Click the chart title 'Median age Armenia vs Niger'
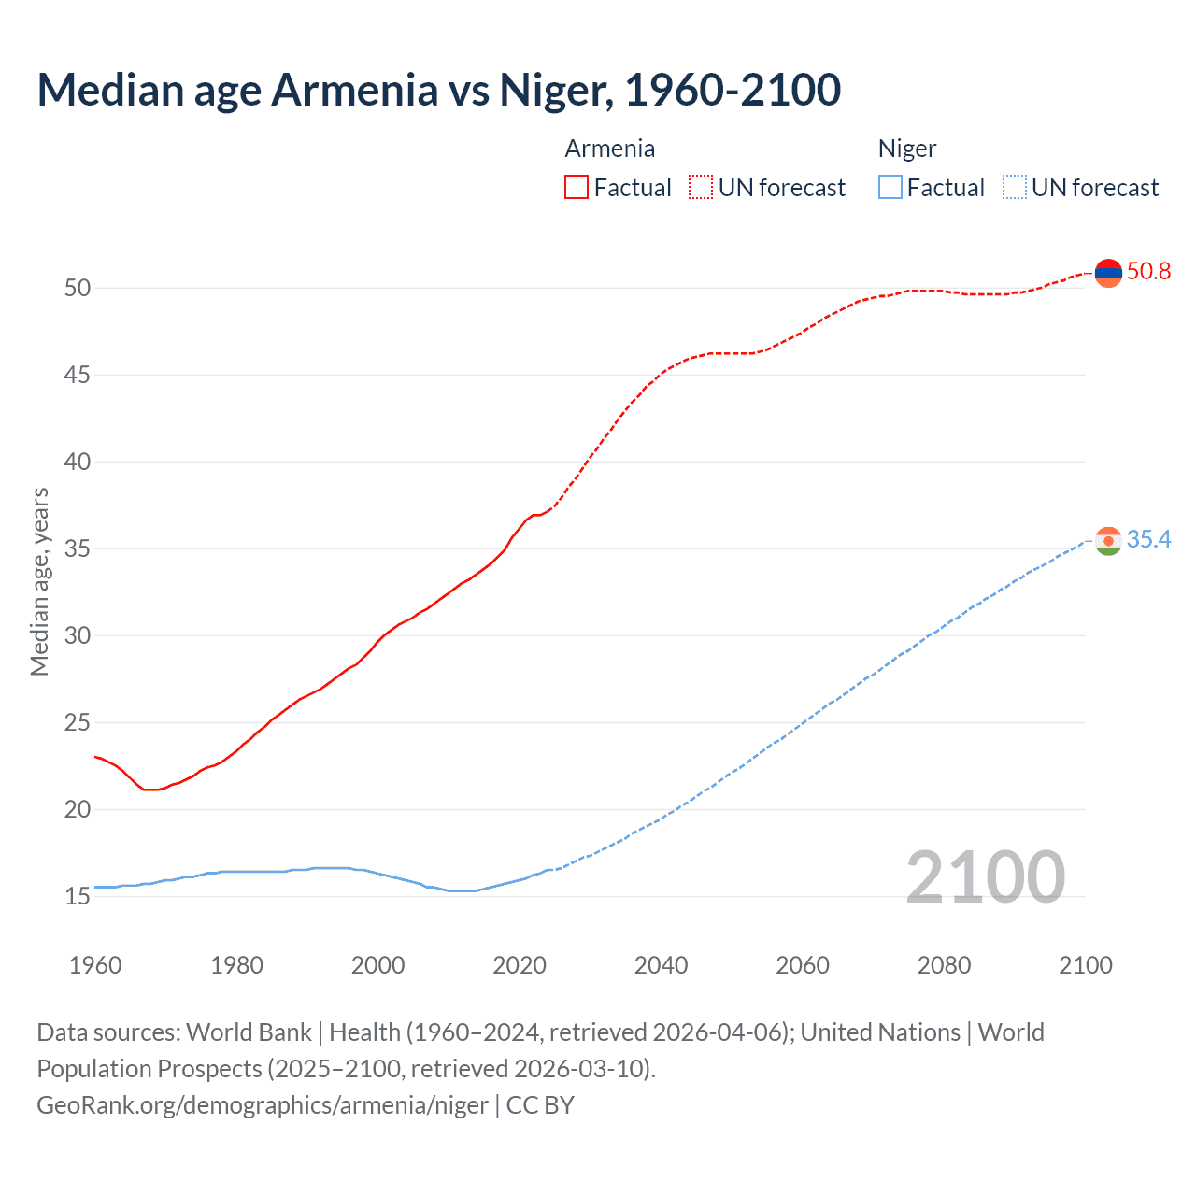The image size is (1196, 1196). point(438,90)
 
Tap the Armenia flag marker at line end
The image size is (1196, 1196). point(1108,273)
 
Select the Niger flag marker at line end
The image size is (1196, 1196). point(1108,541)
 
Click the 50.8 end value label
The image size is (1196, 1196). point(1148,272)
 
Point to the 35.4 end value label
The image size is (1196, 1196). point(1148,540)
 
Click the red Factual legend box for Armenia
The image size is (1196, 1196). point(577,188)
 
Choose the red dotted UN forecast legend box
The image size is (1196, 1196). point(701,188)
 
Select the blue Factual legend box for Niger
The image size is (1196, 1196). point(890,188)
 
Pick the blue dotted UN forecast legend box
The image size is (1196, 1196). point(1014,188)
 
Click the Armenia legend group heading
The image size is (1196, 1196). point(609,149)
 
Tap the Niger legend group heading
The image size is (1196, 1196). point(906,149)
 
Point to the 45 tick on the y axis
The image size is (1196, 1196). point(78,376)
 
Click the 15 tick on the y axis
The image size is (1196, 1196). point(78,897)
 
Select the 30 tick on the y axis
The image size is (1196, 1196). point(78,636)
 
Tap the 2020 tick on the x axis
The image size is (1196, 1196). point(520,965)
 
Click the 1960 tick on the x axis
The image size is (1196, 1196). point(95,965)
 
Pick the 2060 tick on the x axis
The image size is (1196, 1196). point(803,965)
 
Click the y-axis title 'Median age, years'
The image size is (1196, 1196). point(39,581)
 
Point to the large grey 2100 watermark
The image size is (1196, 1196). point(985,876)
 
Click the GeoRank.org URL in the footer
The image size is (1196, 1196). point(262,1105)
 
